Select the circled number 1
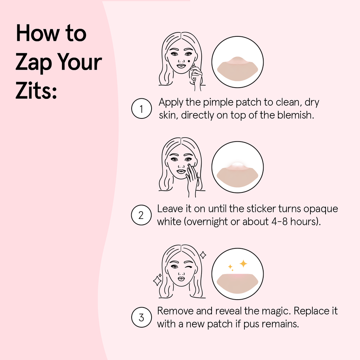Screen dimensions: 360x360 tap(141, 109)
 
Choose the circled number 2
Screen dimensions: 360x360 tap(141, 215)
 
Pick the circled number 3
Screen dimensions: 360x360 tap(141, 318)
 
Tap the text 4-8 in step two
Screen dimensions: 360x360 tap(278, 222)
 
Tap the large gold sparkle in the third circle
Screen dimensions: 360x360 tap(243, 264)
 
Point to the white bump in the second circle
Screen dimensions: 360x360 tap(238, 165)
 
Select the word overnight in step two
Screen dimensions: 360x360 tap(208, 222)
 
